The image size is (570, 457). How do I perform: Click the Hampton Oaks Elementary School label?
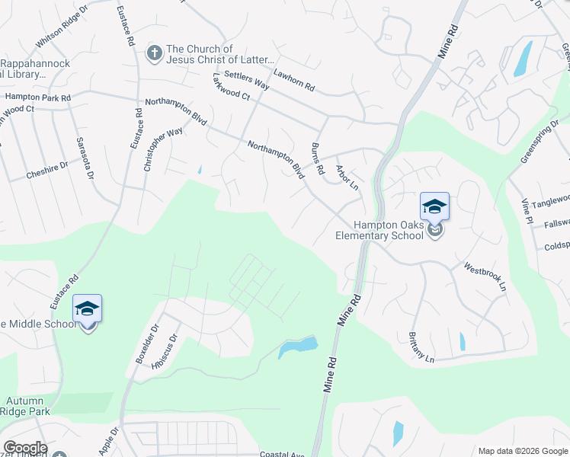[379, 230]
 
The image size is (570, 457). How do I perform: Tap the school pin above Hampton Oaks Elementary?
[434, 207]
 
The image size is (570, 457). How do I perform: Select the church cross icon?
[154, 53]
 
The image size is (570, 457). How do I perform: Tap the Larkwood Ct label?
[232, 87]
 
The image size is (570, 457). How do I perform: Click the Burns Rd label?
[318, 158]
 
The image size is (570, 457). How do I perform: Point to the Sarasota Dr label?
[84, 158]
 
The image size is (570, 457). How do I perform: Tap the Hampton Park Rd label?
[37, 97]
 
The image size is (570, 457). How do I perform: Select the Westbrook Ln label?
[485, 277]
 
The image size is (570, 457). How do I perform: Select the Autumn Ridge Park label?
[25, 406]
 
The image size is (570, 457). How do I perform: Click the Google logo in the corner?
[25, 448]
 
